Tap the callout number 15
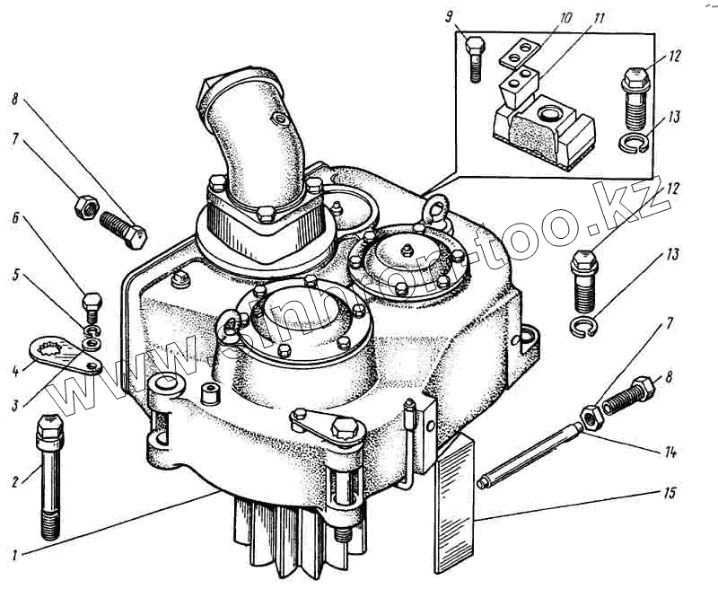(670, 494)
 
